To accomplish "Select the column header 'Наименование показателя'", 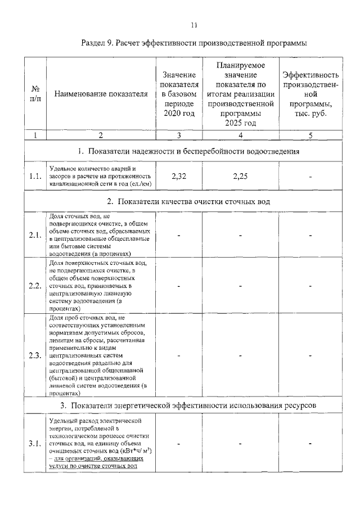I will click(x=101, y=94).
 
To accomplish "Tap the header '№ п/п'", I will click(x=35, y=94).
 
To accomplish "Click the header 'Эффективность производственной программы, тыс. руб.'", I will click(x=310, y=94).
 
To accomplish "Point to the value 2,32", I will click(x=178, y=176).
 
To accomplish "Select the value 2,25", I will click(x=240, y=176).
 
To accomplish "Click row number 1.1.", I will click(x=35, y=177).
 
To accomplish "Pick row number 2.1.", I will click(x=35, y=235).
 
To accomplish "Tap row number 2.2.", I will click(x=35, y=285).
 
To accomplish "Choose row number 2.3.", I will click(x=35, y=355).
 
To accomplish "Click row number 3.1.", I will click(x=35, y=444).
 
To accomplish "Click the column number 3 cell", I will click(x=178, y=134).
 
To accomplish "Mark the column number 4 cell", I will click(x=240, y=134).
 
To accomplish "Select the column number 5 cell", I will click(x=310, y=134).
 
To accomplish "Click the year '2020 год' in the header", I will click(x=178, y=114).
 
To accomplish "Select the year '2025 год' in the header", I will click(x=240, y=123).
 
